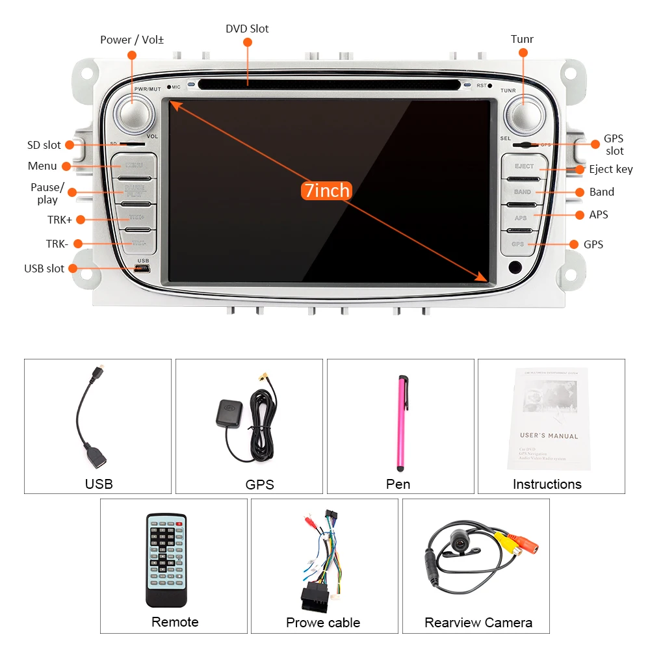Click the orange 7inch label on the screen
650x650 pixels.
[x=327, y=190]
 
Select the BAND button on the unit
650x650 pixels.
[x=523, y=192]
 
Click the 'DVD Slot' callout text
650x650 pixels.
[x=247, y=29]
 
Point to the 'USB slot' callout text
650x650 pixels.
[x=44, y=268]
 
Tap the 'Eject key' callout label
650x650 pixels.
[x=610, y=169]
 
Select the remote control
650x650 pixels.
[x=166, y=560]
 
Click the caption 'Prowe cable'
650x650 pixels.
[x=323, y=623]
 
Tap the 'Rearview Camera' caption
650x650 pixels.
[x=478, y=623]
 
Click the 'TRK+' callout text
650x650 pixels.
[x=59, y=220]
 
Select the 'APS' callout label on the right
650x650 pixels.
[x=599, y=214]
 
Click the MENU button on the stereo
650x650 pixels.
[x=133, y=166]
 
